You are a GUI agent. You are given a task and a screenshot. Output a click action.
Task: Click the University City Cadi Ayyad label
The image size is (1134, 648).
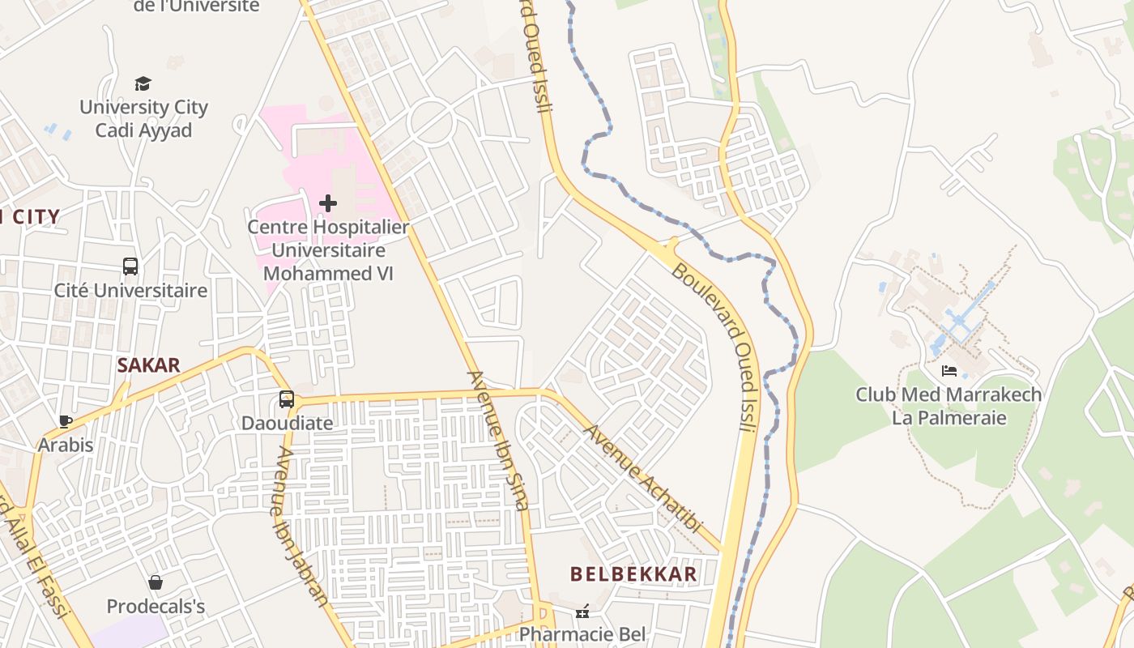[x=143, y=118]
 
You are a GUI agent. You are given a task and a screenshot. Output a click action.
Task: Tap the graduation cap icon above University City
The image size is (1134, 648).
[x=143, y=83]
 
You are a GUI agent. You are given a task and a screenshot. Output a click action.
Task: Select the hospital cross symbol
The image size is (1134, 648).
[x=328, y=202]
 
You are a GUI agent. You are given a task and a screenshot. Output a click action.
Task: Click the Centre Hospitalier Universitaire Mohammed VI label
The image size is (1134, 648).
[x=328, y=250]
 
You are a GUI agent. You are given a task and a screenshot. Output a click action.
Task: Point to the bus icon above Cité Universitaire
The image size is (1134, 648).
[x=130, y=266]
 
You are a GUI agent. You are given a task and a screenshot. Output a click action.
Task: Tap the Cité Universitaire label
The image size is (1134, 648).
[x=130, y=290]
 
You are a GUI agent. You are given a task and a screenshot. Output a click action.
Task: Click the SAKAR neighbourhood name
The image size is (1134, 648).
[x=148, y=365]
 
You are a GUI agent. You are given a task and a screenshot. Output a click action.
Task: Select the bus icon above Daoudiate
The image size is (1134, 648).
[x=287, y=399]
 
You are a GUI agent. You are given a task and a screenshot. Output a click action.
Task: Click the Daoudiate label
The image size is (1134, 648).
[x=287, y=423]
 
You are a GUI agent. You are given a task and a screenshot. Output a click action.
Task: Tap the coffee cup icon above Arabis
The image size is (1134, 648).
[x=66, y=421]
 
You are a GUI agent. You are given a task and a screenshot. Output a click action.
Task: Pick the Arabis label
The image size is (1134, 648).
[x=66, y=445]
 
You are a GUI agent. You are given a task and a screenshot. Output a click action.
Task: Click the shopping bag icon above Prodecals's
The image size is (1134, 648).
[x=156, y=582]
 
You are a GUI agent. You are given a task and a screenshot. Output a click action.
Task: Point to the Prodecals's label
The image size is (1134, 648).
[x=156, y=606]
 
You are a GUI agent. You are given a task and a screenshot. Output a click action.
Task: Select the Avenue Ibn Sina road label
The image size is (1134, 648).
[x=498, y=441]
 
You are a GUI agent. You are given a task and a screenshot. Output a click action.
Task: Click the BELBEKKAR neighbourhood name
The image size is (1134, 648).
[x=633, y=574]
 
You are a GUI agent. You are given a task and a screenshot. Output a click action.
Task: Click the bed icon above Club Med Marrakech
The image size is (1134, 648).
[x=949, y=371]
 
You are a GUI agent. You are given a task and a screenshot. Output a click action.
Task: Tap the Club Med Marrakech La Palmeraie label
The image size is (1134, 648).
[x=949, y=407]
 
